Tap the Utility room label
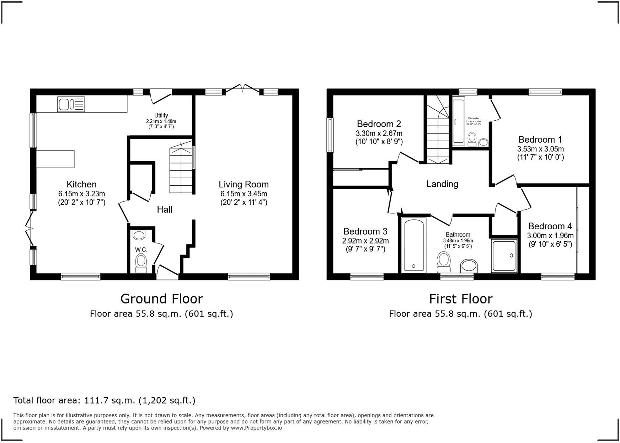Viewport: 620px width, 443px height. pyautogui.click(x=161, y=115)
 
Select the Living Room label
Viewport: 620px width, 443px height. pyautogui.click(x=244, y=184)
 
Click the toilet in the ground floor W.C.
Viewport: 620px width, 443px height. pyautogui.click(x=141, y=263)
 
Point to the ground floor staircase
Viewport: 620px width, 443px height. pyautogui.click(x=182, y=171)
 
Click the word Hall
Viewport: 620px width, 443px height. pyautogui.click(x=165, y=209)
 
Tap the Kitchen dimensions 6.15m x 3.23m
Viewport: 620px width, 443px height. pyautogui.click(x=82, y=194)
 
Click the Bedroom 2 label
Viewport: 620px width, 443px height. pyautogui.click(x=379, y=124)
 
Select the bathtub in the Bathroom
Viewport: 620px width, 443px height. pyautogui.click(x=414, y=245)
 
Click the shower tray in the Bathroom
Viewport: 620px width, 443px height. pyautogui.click(x=504, y=256)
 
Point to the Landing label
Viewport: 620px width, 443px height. pyautogui.click(x=442, y=184)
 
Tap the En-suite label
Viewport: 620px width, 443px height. pyautogui.click(x=473, y=118)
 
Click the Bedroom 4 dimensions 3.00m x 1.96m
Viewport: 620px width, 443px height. pyautogui.click(x=550, y=236)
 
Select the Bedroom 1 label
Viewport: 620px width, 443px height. pyautogui.click(x=540, y=139)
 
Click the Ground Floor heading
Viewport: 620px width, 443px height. pyautogui.click(x=161, y=299)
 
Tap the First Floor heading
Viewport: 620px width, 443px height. pyautogui.click(x=460, y=299)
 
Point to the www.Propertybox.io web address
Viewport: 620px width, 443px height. pyautogui.click(x=256, y=428)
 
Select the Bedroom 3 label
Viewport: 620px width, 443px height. pyautogui.click(x=365, y=231)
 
